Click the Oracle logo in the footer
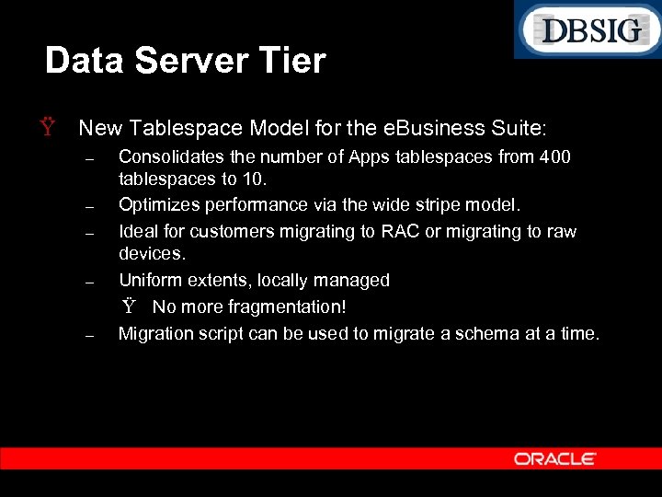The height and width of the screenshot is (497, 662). (x=555, y=458)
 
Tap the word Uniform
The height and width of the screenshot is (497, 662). (x=150, y=280)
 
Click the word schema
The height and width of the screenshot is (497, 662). (x=482, y=333)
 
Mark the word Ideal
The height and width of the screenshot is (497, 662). (x=138, y=231)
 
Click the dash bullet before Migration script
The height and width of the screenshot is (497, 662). (x=89, y=336)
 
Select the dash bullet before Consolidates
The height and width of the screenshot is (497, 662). (x=89, y=160)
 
